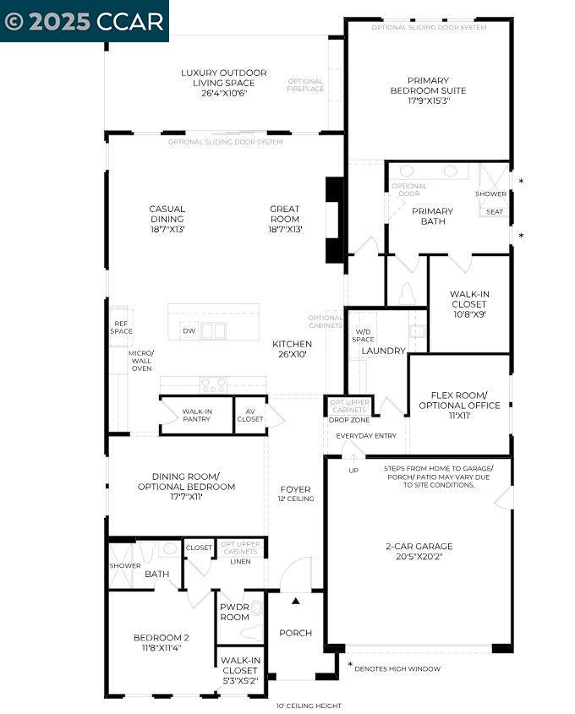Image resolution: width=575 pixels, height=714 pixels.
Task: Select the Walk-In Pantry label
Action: (x=196, y=415)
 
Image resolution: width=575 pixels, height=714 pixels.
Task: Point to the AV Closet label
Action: (x=250, y=415)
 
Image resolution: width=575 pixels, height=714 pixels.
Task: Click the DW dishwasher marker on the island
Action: (x=189, y=331)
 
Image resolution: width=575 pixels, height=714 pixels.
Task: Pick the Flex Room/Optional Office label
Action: (x=459, y=401)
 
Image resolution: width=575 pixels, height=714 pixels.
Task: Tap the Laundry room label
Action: (x=384, y=351)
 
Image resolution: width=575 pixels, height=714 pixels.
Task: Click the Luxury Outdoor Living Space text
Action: (x=223, y=78)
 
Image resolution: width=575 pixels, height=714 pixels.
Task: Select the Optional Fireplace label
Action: (x=304, y=85)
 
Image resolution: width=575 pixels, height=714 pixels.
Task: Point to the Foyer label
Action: (x=295, y=489)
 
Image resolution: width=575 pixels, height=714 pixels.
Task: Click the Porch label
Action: (x=295, y=633)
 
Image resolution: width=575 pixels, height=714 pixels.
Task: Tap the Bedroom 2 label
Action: (x=161, y=638)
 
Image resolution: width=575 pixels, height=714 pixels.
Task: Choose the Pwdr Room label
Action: (x=234, y=612)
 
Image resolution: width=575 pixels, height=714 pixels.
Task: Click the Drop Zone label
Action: (x=348, y=420)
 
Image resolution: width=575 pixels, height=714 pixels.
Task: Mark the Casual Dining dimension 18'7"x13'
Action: (x=167, y=229)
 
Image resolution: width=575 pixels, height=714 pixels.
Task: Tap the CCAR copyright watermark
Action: (x=85, y=21)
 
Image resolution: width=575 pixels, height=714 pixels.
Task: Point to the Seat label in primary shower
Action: (x=494, y=212)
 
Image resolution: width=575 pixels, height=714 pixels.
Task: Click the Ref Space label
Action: (x=119, y=327)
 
